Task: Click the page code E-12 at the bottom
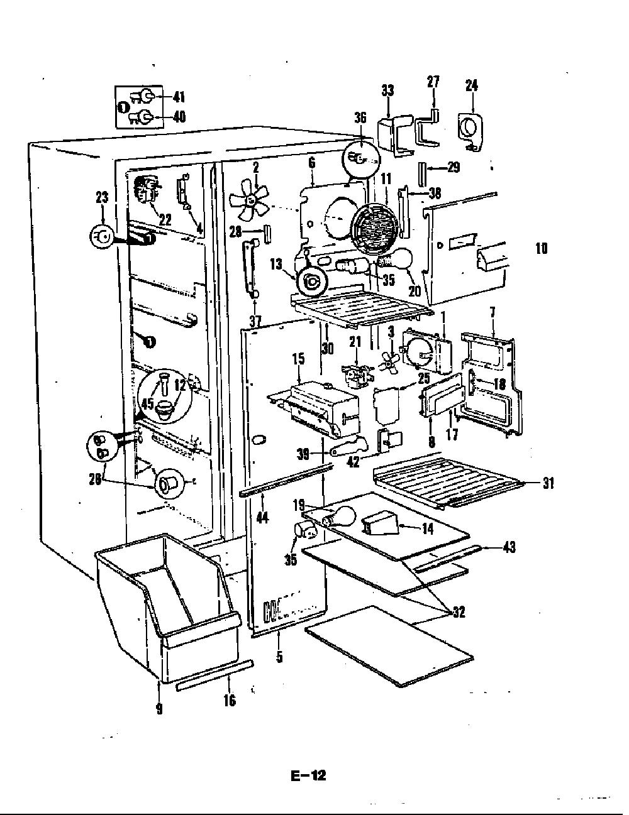point(308,775)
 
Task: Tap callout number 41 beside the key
point(179,97)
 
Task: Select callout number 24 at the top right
point(471,85)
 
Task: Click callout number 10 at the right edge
point(541,248)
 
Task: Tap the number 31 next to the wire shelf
point(548,483)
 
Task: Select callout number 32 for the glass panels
point(459,612)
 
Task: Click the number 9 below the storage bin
point(160,708)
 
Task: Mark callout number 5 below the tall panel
point(279,657)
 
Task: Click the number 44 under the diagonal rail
point(262,518)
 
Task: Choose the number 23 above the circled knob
point(102,197)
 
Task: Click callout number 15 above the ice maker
point(299,359)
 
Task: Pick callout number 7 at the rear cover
point(493,312)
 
